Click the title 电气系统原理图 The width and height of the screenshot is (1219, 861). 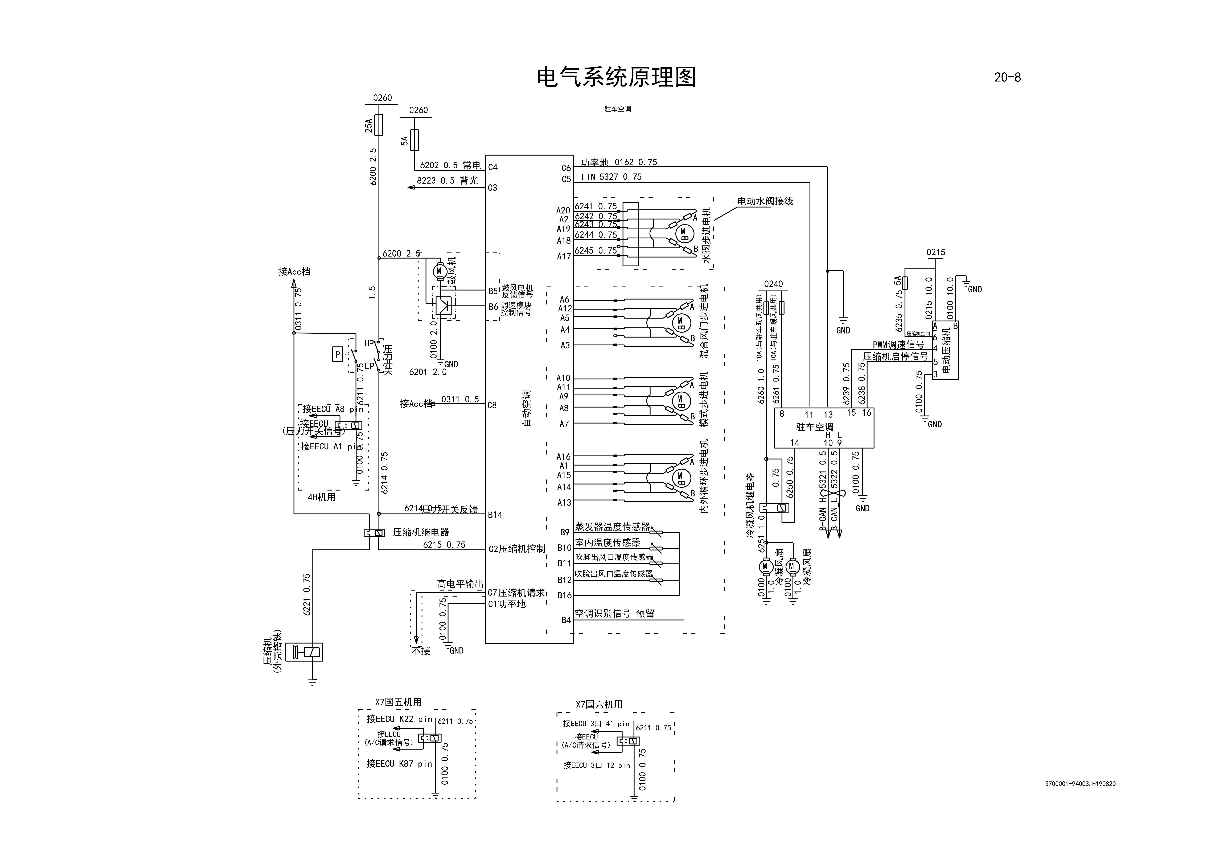coord(616,77)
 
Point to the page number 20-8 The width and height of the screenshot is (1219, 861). coord(1007,77)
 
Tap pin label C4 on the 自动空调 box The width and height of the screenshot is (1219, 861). coord(493,167)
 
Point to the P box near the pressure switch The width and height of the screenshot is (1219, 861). coord(337,354)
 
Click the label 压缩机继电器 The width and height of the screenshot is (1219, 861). coord(420,532)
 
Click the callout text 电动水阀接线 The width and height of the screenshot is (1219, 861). coord(765,201)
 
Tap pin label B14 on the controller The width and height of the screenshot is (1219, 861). coord(495,514)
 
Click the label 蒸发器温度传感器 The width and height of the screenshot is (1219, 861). coord(612,527)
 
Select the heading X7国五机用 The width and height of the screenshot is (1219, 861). coord(398,702)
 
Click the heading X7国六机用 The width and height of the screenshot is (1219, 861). coord(599,704)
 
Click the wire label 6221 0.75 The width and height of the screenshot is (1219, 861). coord(307,595)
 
